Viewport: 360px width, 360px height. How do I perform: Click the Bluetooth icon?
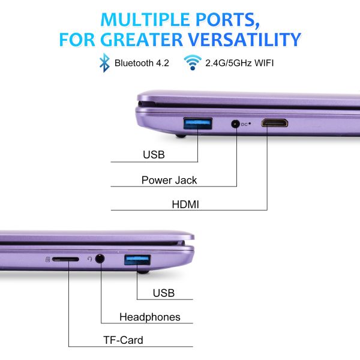point(104,62)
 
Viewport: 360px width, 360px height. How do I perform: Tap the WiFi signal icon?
point(193,62)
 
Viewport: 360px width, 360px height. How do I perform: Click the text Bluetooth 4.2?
point(142,63)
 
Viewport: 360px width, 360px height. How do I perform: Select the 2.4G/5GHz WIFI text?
point(239,63)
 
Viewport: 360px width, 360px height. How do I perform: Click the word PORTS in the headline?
point(227,20)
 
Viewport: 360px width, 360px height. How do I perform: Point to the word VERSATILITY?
point(245,40)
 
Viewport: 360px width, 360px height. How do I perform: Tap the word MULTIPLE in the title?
point(145,20)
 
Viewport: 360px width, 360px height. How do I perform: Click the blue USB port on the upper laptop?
point(197,124)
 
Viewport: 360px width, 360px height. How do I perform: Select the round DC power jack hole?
point(235,124)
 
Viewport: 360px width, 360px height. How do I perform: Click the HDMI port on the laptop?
point(274,123)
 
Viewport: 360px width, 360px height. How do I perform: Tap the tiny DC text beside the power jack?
point(244,124)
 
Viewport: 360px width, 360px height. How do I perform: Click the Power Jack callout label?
point(169,180)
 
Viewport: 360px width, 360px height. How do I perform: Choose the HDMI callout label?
point(185,205)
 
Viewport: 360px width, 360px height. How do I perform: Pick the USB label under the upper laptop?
point(154,155)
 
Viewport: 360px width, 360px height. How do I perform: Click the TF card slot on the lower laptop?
point(65,259)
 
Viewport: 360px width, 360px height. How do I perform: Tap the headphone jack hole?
point(100,259)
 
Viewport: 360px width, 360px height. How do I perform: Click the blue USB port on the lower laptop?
point(137,260)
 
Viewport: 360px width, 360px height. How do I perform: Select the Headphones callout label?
point(149,317)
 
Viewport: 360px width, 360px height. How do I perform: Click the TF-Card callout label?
point(123,340)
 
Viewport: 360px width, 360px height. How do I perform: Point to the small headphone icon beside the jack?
point(90,259)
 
